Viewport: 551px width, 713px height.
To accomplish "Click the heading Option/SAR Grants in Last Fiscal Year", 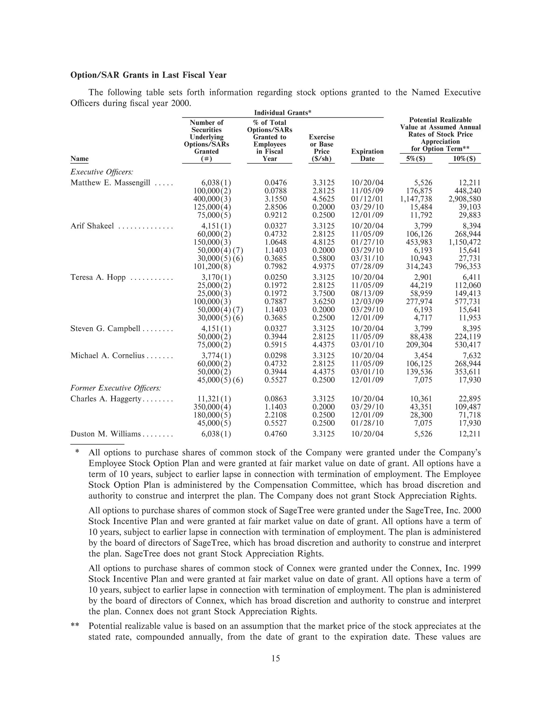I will tap(148, 75).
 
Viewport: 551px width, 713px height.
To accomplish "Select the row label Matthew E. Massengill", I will tap(110, 183).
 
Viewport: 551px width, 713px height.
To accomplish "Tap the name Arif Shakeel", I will tap(92, 226).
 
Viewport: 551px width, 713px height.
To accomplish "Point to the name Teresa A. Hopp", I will tap(98, 277).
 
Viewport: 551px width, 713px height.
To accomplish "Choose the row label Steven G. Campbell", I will tap(105, 329).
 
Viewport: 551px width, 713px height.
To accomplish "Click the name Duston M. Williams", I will tap(105, 434).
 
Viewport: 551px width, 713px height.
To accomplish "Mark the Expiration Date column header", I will tap(367, 155).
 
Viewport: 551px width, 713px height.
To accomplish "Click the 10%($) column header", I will tap(464, 159).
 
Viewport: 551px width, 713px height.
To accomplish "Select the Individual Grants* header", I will tap(283, 113).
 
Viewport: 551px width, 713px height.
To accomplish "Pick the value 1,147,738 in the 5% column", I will tap(416, 199).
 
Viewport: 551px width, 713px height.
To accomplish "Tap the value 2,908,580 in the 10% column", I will tap(464, 199).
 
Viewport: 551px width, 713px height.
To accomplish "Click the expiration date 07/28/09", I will tap(367, 267).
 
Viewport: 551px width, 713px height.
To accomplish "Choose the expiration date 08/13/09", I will tap(367, 294).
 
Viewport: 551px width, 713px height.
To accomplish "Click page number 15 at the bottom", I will tap(275, 658).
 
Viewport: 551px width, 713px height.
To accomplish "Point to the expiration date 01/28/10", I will tap(367, 423).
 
